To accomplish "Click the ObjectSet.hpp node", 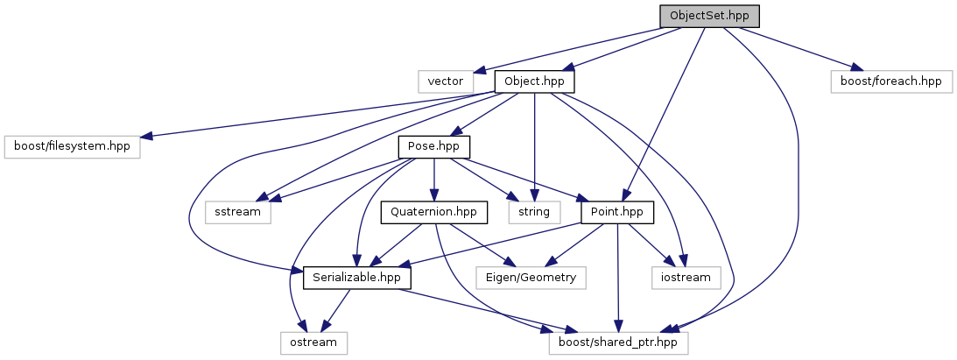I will [709, 16].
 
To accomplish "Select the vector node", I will [445, 81].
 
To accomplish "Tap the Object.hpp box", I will [534, 81].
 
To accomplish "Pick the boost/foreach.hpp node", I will [890, 81].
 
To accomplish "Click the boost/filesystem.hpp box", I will [72, 146].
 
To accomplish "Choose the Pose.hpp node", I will [434, 146].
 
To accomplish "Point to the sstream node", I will [238, 212].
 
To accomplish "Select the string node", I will [534, 212].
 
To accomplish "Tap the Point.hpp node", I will [618, 212].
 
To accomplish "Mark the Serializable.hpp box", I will [356, 278].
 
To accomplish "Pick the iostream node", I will [686, 278].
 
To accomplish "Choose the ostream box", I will [313, 342].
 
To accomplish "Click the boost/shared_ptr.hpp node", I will [618, 342].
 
